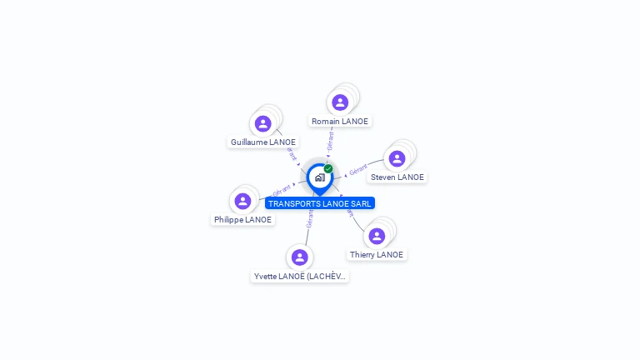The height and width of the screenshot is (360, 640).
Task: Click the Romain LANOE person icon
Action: point(340,102)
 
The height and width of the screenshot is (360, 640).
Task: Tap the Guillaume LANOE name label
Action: point(263,142)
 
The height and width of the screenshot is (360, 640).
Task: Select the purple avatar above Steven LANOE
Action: point(397,158)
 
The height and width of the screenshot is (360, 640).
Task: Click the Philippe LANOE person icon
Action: point(242,201)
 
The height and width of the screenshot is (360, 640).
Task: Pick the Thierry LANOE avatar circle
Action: point(377,236)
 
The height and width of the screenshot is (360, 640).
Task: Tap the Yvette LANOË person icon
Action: point(300,257)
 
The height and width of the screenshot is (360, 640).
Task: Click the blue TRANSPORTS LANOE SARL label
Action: point(320,203)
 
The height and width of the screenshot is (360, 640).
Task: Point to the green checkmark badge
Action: point(328,169)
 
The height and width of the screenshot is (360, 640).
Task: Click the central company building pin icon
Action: point(318,177)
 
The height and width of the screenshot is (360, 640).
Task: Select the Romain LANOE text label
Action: point(340,122)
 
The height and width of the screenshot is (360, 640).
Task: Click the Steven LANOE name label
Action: point(397,177)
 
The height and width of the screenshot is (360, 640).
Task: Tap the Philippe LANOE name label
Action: point(242,220)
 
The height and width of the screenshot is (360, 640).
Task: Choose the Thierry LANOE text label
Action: point(377,255)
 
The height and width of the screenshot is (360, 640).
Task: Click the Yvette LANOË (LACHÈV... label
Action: point(300,277)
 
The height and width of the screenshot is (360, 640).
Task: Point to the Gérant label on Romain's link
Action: point(331,142)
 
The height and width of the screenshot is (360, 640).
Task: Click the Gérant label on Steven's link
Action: point(358,169)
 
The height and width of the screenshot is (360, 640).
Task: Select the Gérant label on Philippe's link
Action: point(281,189)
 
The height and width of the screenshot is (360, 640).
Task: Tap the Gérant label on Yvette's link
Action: point(309,218)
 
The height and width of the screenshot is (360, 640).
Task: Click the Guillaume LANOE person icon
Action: point(263,123)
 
